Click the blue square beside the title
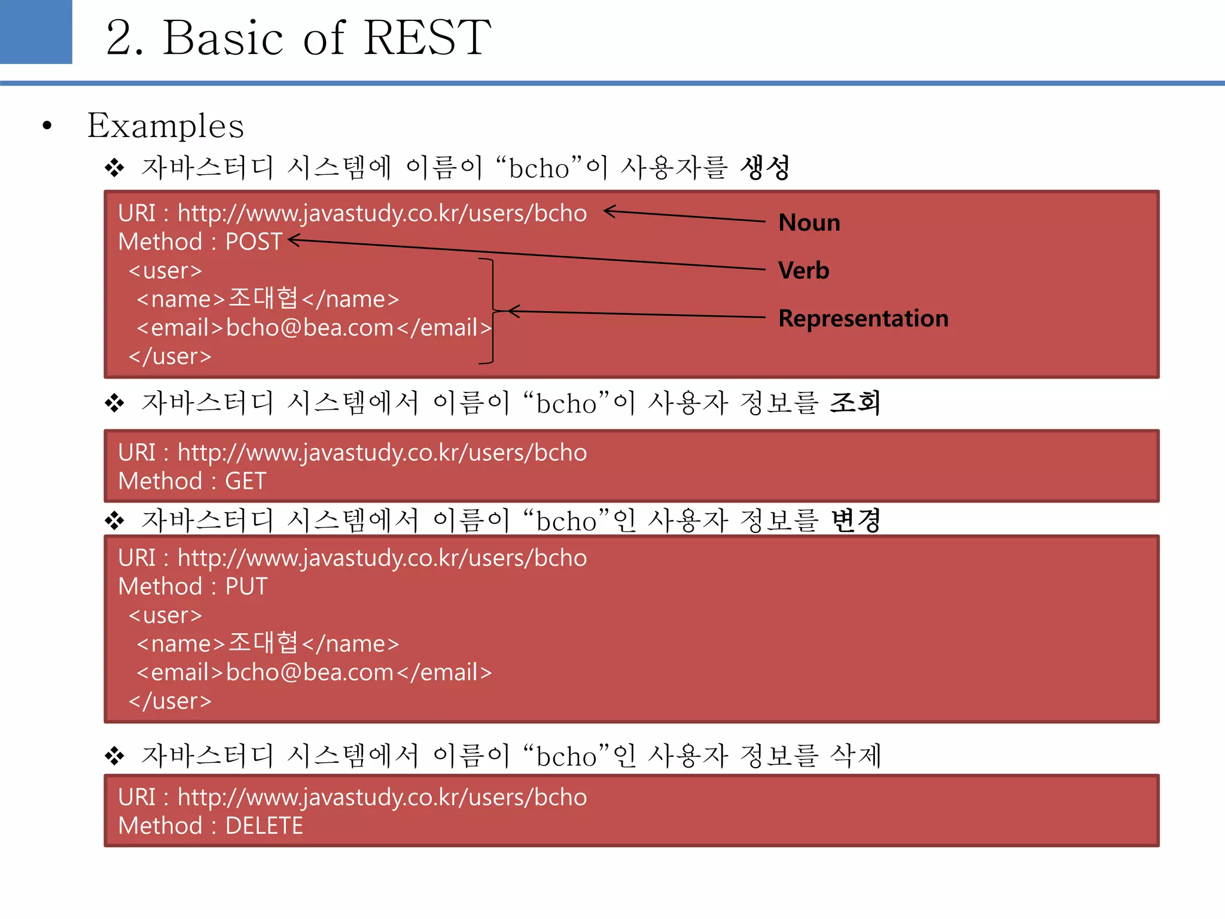pos(36,32)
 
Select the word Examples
pos(166,126)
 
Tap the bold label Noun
pos(809,223)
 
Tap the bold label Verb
pos(803,270)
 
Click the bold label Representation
pos(863,318)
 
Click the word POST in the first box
pos(254,242)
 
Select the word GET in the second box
pos(245,481)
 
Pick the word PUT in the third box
pos(246,586)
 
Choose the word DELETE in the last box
pos(264,826)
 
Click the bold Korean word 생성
pos(764,168)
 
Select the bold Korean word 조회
pos(855,403)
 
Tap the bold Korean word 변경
pos(855,520)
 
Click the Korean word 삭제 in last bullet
pos(855,755)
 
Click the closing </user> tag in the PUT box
pos(170,701)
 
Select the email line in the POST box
pos(314,328)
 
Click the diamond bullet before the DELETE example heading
pos(114,756)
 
